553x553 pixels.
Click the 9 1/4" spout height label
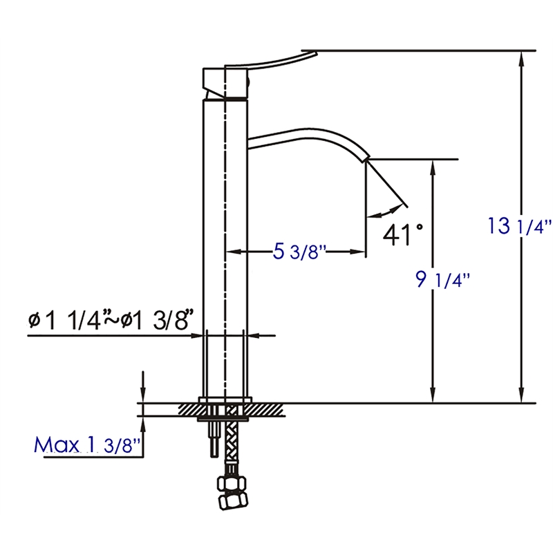(x=442, y=280)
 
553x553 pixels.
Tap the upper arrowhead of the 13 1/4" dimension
(x=522, y=58)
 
